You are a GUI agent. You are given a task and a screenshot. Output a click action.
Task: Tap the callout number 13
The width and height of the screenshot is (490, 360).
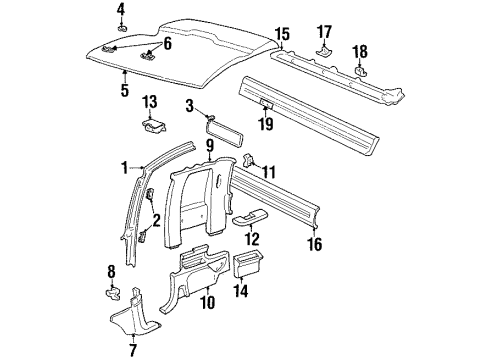pyautogui.click(x=150, y=102)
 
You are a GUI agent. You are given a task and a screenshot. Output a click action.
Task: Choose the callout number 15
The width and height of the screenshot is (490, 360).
pyautogui.click(x=282, y=36)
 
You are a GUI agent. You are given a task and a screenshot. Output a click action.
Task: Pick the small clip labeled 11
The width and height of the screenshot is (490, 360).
pyautogui.click(x=252, y=164)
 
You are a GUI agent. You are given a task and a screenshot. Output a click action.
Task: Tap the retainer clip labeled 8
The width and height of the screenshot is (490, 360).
pyautogui.click(x=112, y=294)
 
